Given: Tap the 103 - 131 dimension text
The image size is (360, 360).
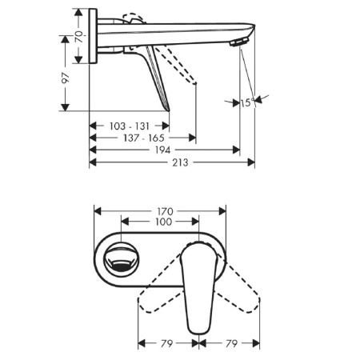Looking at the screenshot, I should [x=128, y=126].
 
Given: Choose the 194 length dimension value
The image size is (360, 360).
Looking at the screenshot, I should [x=164, y=150].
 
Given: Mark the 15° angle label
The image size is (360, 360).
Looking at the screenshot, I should [x=246, y=102].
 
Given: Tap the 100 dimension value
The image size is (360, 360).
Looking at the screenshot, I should [x=163, y=222].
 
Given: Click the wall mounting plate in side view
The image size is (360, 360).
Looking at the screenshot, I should [x=94, y=37].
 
